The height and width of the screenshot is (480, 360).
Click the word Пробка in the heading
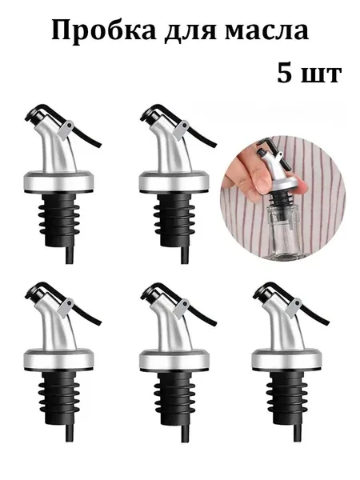pos(104,31)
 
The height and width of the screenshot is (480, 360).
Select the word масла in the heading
pos(266,33)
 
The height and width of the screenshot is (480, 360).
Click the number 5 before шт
pos(284,73)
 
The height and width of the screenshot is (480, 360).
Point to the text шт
pos(321,75)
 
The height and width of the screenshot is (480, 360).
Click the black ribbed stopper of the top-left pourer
pos(58,219)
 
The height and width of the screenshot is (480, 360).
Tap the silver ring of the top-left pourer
pos(58,182)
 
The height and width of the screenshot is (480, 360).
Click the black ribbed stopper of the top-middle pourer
pos(174,219)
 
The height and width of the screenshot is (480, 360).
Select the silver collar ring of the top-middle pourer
pos(174,182)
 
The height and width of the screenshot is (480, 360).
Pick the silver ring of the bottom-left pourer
pos(58,360)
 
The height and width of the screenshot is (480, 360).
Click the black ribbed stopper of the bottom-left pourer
pos(58,398)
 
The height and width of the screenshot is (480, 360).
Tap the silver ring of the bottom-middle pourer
pos(174,360)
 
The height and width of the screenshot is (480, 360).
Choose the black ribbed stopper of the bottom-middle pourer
pos(174,398)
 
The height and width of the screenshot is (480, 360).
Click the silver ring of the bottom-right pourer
pos(286,360)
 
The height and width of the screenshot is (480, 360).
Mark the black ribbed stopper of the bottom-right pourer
pos(286,398)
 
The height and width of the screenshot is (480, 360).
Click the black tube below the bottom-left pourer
pos(70,433)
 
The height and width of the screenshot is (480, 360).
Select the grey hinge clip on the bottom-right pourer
pos(294,307)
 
